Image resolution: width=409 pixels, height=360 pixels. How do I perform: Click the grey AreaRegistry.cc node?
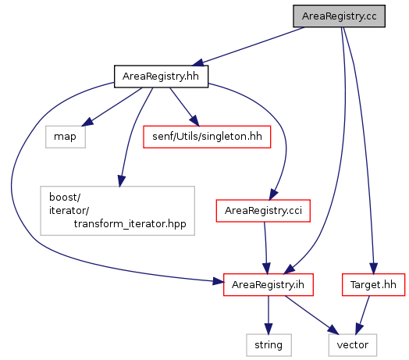pyautogui.click(x=339, y=16)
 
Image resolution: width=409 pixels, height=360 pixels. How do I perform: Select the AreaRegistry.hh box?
pyautogui.click(x=161, y=77)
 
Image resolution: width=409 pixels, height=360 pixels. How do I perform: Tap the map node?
pyautogui.click(x=66, y=137)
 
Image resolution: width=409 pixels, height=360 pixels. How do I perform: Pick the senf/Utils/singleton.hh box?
pyautogui.click(x=207, y=137)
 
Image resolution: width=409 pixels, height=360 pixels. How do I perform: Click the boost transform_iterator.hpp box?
pyautogui.click(x=117, y=211)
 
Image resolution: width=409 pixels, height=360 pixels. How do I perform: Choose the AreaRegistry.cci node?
pyautogui.click(x=263, y=211)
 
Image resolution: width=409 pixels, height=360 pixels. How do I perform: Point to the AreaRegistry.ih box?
pyautogui.click(x=269, y=285)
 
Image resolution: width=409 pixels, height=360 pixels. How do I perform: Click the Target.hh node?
pyautogui.click(x=373, y=285)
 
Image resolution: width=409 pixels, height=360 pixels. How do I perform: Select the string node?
pyautogui.click(x=269, y=345)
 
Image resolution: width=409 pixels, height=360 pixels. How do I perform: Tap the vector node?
pyautogui.click(x=353, y=345)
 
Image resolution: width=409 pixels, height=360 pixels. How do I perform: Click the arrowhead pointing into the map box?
pyautogui.click(x=87, y=122)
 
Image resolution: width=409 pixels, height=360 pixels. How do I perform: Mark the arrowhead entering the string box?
pyautogui.click(x=269, y=329)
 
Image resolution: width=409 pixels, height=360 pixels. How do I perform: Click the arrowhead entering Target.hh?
pyautogui.click(x=374, y=269)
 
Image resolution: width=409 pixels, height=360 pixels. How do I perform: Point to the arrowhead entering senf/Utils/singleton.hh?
pyautogui.click(x=194, y=121)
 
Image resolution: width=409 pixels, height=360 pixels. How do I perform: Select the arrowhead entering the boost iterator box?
pyautogui.click(x=121, y=181)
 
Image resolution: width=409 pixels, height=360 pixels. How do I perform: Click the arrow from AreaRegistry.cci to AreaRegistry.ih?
pyautogui.click(x=265, y=248)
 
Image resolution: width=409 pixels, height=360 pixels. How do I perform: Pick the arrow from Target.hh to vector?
pyautogui.click(x=363, y=315)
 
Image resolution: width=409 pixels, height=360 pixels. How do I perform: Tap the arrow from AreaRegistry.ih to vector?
pyautogui.click(x=311, y=315)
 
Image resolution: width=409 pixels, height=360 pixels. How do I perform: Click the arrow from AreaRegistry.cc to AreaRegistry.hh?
pyautogui.click(x=248, y=46)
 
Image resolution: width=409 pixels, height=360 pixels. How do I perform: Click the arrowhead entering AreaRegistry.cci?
pyautogui.click(x=273, y=194)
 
